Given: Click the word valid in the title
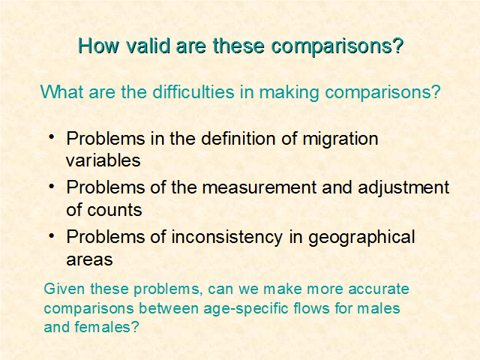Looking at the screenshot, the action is point(148,46).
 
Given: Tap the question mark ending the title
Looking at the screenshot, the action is point(398,46).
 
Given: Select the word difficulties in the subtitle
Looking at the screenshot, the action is point(193,91).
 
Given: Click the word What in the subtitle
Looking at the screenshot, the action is point(62,91).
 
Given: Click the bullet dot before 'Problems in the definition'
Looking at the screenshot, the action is point(52,136).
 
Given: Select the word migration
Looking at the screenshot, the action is point(340,139).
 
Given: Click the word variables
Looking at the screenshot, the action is point(103,160).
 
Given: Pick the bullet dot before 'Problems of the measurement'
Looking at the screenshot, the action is point(52,186).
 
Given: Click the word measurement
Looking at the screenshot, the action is point(259,187).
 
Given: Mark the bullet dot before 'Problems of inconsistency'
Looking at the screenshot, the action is point(52,235).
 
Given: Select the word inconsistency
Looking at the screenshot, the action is point(226,238).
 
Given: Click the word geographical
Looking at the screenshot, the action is point(361,238).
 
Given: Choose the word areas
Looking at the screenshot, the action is point(89,259).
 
